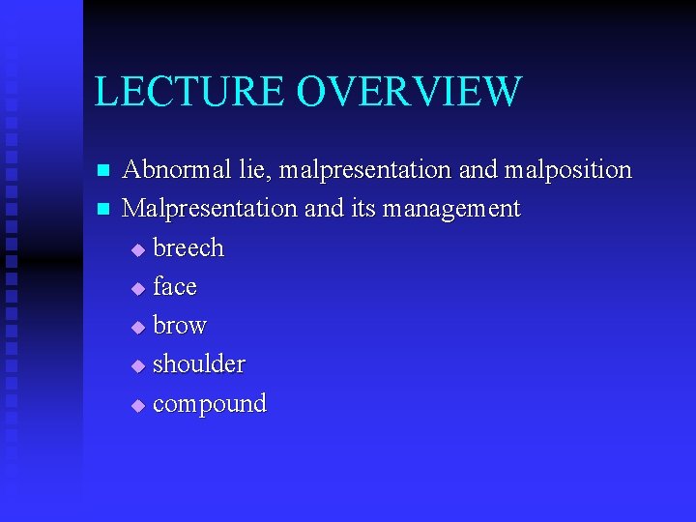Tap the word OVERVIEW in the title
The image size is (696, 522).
coord(409,92)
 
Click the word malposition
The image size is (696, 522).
coord(566,170)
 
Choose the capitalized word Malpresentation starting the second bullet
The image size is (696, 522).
coord(211,209)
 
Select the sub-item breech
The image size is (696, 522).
coord(188,248)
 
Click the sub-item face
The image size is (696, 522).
coord(175,287)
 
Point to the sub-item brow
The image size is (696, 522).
coord(180,326)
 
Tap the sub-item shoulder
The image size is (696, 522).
coord(199,364)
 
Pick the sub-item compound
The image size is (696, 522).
coord(210,404)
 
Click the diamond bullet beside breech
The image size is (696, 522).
coord(138,250)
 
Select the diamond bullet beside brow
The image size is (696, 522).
coord(138,328)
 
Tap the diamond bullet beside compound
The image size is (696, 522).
coord(138,406)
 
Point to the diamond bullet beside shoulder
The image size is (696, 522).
coord(138,366)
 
